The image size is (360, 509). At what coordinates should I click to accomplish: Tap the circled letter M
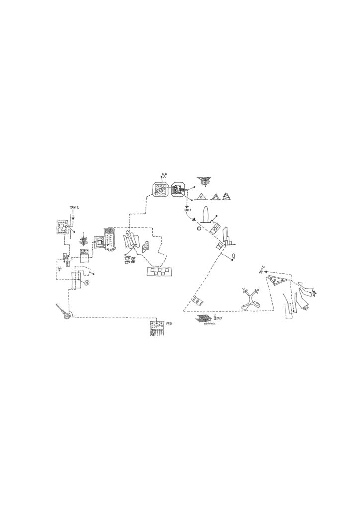(86, 283)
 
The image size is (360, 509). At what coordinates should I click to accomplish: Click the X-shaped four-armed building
(250, 300)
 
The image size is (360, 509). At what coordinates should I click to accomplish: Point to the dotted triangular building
(278, 282)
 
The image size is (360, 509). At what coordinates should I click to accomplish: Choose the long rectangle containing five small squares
(159, 271)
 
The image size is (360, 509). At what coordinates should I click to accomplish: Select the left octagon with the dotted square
(160, 190)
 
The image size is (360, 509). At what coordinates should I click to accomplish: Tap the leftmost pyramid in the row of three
(202, 196)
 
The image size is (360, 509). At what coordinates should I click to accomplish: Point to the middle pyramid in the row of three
(215, 196)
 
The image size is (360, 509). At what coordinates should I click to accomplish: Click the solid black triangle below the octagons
(195, 219)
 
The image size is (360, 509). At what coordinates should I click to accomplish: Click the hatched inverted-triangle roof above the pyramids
(203, 180)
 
